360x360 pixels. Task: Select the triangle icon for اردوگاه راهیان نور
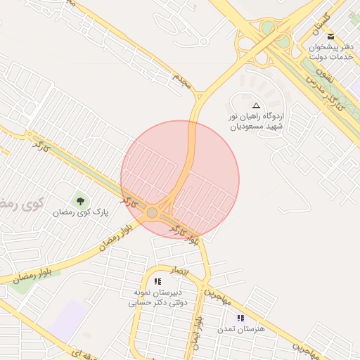pyautogui.click(x=255, y=105)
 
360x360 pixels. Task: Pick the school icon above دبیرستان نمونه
pyautogui.click(x=157, y=281)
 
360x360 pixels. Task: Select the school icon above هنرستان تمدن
pyautogui.click(x=240, y=319)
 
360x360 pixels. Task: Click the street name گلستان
pyautogui.click(x=320, y=25)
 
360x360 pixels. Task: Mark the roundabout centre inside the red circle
pyautogui.click(x=153, y=212)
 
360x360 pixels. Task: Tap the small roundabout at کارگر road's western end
pyautogui.click(x=29, y=134)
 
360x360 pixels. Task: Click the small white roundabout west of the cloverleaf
pyautogui.click(x=204, y=41)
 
